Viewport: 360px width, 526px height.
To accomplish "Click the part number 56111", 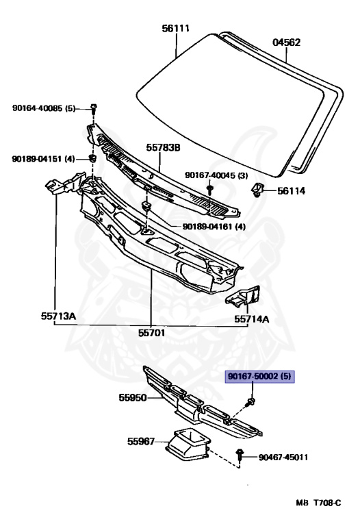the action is coord(176,28).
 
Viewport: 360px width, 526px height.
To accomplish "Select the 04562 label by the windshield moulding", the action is coord(286,42).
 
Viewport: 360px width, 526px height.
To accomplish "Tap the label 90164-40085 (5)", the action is coord(44,108).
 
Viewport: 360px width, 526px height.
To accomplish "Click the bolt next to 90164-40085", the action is coord(94,108).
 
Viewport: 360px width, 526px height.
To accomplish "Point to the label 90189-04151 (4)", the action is coord(43,159).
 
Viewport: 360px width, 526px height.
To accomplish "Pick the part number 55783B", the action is coord(163,148).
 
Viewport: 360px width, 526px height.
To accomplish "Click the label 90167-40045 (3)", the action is coord(216,175).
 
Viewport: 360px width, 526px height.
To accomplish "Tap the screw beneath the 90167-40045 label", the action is coord(210,190).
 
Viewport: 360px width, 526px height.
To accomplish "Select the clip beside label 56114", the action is coord(257,190).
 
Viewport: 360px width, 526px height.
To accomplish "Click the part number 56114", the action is coord(291,191).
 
